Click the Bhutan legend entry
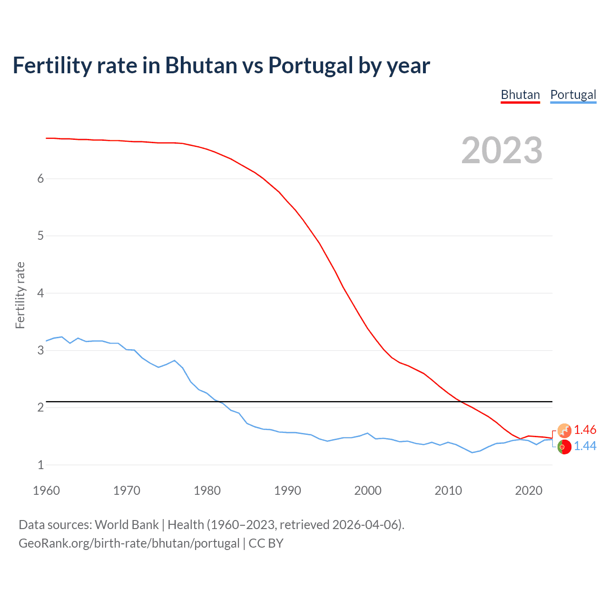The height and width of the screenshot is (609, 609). click(520, 95)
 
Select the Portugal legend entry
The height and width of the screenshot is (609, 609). click(573, 95)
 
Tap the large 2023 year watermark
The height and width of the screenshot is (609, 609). click(502, 150)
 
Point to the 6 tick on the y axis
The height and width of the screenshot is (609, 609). click(40, 178)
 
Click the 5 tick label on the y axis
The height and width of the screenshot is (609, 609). click(40, 236)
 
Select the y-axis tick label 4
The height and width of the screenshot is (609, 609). click(40, 293)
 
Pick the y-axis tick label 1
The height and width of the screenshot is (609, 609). click(40, 465)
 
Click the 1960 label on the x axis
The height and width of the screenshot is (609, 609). click(46, 491)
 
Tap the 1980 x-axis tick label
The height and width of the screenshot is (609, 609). click(207, 491)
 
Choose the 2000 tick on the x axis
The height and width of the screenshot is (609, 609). click(368, 491)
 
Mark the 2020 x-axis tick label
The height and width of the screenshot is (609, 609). click(529, 491)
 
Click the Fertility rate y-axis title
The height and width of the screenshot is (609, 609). click(20, 295)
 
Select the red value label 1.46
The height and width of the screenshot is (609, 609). click(585, 430)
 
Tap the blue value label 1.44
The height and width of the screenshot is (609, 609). click(585, 446)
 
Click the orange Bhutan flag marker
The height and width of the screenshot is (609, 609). click(564, 431)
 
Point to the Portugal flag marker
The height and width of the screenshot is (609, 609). click(564, 447)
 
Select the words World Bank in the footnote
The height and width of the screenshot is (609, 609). click(127, 525)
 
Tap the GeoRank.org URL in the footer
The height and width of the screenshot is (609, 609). click(129, 543)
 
